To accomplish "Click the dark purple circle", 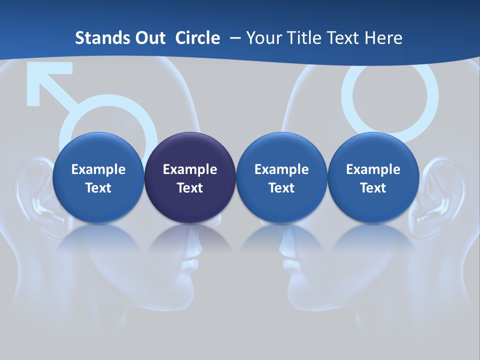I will tap(190, 177).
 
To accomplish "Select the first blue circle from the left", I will tap(98, 177).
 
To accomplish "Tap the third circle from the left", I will tap(281, 177).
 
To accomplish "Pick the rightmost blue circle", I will tap(373, 177).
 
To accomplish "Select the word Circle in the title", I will tap(197, 38).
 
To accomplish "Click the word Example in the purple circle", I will tap(190, 169).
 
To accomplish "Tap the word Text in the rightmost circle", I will tap(373, 188).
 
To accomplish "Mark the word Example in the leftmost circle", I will tap(98, 169).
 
